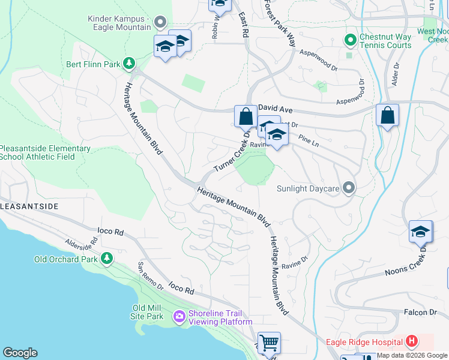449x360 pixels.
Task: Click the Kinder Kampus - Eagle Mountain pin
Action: click(160, 23)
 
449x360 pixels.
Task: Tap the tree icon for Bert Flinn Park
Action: click(128, 63)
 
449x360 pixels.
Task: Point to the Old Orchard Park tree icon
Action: click(107, 259)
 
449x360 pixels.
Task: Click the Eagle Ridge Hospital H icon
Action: click(411, 342)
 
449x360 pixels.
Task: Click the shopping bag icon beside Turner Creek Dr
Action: click(246, 116)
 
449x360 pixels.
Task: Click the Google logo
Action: click(20, 353)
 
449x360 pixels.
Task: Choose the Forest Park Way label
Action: click(280, 23)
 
